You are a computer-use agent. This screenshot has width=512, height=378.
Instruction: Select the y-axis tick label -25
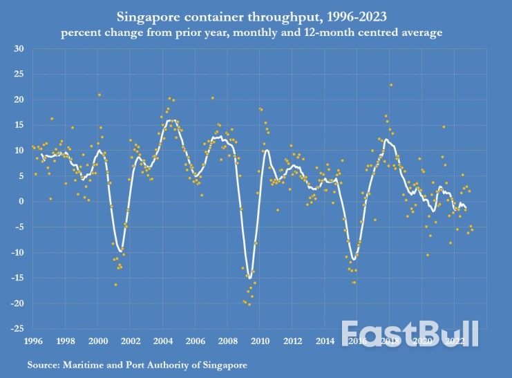[x=17, y=329]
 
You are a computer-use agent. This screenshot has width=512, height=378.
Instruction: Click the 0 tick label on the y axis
[x=21, y=201]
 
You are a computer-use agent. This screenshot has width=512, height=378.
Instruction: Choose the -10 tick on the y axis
[x=17, y=252]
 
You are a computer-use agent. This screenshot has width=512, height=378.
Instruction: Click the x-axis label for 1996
[x=32, y=341]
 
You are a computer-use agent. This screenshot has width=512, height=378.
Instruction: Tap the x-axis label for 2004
[x=162, y=341]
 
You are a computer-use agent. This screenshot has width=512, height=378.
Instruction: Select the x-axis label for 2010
[x=260, y=341]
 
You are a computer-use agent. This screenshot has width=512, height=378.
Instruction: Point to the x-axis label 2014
[x=325, y=341]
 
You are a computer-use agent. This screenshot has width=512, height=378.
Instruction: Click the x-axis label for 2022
[x=455, y=341]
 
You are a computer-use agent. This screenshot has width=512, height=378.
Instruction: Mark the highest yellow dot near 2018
[x=391, y=85]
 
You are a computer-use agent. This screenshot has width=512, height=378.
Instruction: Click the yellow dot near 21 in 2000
[x=99, y=95]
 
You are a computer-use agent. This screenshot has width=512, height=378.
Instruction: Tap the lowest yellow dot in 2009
[x=249, y=304]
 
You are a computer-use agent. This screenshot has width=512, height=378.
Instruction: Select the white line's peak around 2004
[x=171, y=121]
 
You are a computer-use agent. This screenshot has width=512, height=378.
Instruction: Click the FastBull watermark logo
[x=410, y=333]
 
